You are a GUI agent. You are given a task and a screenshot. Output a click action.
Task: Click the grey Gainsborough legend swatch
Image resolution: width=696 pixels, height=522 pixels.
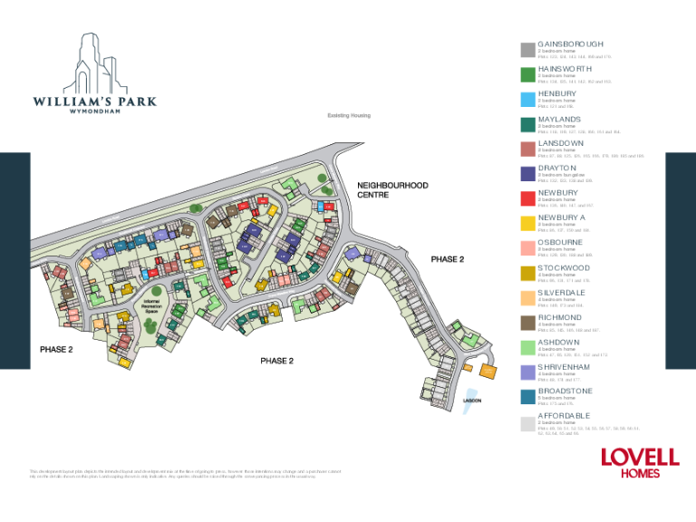coord(527,50)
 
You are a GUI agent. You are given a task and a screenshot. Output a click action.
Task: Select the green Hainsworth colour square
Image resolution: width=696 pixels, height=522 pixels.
coord(527,75)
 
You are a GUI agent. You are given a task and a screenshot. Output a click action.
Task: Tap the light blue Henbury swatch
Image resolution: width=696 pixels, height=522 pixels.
coord(527,100)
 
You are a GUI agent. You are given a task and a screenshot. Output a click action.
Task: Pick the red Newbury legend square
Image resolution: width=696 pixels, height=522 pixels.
coord(527,198)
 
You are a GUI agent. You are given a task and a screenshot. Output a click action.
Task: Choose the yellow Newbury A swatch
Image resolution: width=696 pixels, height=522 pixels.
coord(527,224)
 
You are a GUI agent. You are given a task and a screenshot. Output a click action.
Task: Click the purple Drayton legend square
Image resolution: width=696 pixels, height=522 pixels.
coord(527,174)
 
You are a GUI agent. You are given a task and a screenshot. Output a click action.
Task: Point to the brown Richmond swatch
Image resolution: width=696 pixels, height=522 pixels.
coord(527,323)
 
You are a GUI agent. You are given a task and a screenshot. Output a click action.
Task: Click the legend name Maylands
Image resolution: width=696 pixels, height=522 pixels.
coord(559,119)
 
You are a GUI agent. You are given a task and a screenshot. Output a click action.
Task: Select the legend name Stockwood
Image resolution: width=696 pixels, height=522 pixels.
coord(564,267)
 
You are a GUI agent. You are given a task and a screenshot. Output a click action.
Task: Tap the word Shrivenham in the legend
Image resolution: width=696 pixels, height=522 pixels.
coord(564,367)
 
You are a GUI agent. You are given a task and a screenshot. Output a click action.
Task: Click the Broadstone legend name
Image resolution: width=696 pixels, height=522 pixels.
coord(565,391)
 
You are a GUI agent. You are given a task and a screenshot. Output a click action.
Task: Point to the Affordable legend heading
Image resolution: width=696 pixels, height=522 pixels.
coord(565,416)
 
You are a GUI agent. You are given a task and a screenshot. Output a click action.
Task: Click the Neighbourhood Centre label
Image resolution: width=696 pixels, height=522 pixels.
coord(392,190)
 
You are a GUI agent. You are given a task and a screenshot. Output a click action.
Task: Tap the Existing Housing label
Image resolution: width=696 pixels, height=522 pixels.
coord(349,116)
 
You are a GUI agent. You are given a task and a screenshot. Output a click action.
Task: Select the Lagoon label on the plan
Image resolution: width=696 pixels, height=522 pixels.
coord(472,401)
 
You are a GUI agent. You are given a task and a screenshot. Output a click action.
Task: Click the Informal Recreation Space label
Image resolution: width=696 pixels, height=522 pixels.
coord(153,306)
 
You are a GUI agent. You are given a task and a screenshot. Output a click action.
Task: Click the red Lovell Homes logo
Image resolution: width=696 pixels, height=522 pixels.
coord(640,461)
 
